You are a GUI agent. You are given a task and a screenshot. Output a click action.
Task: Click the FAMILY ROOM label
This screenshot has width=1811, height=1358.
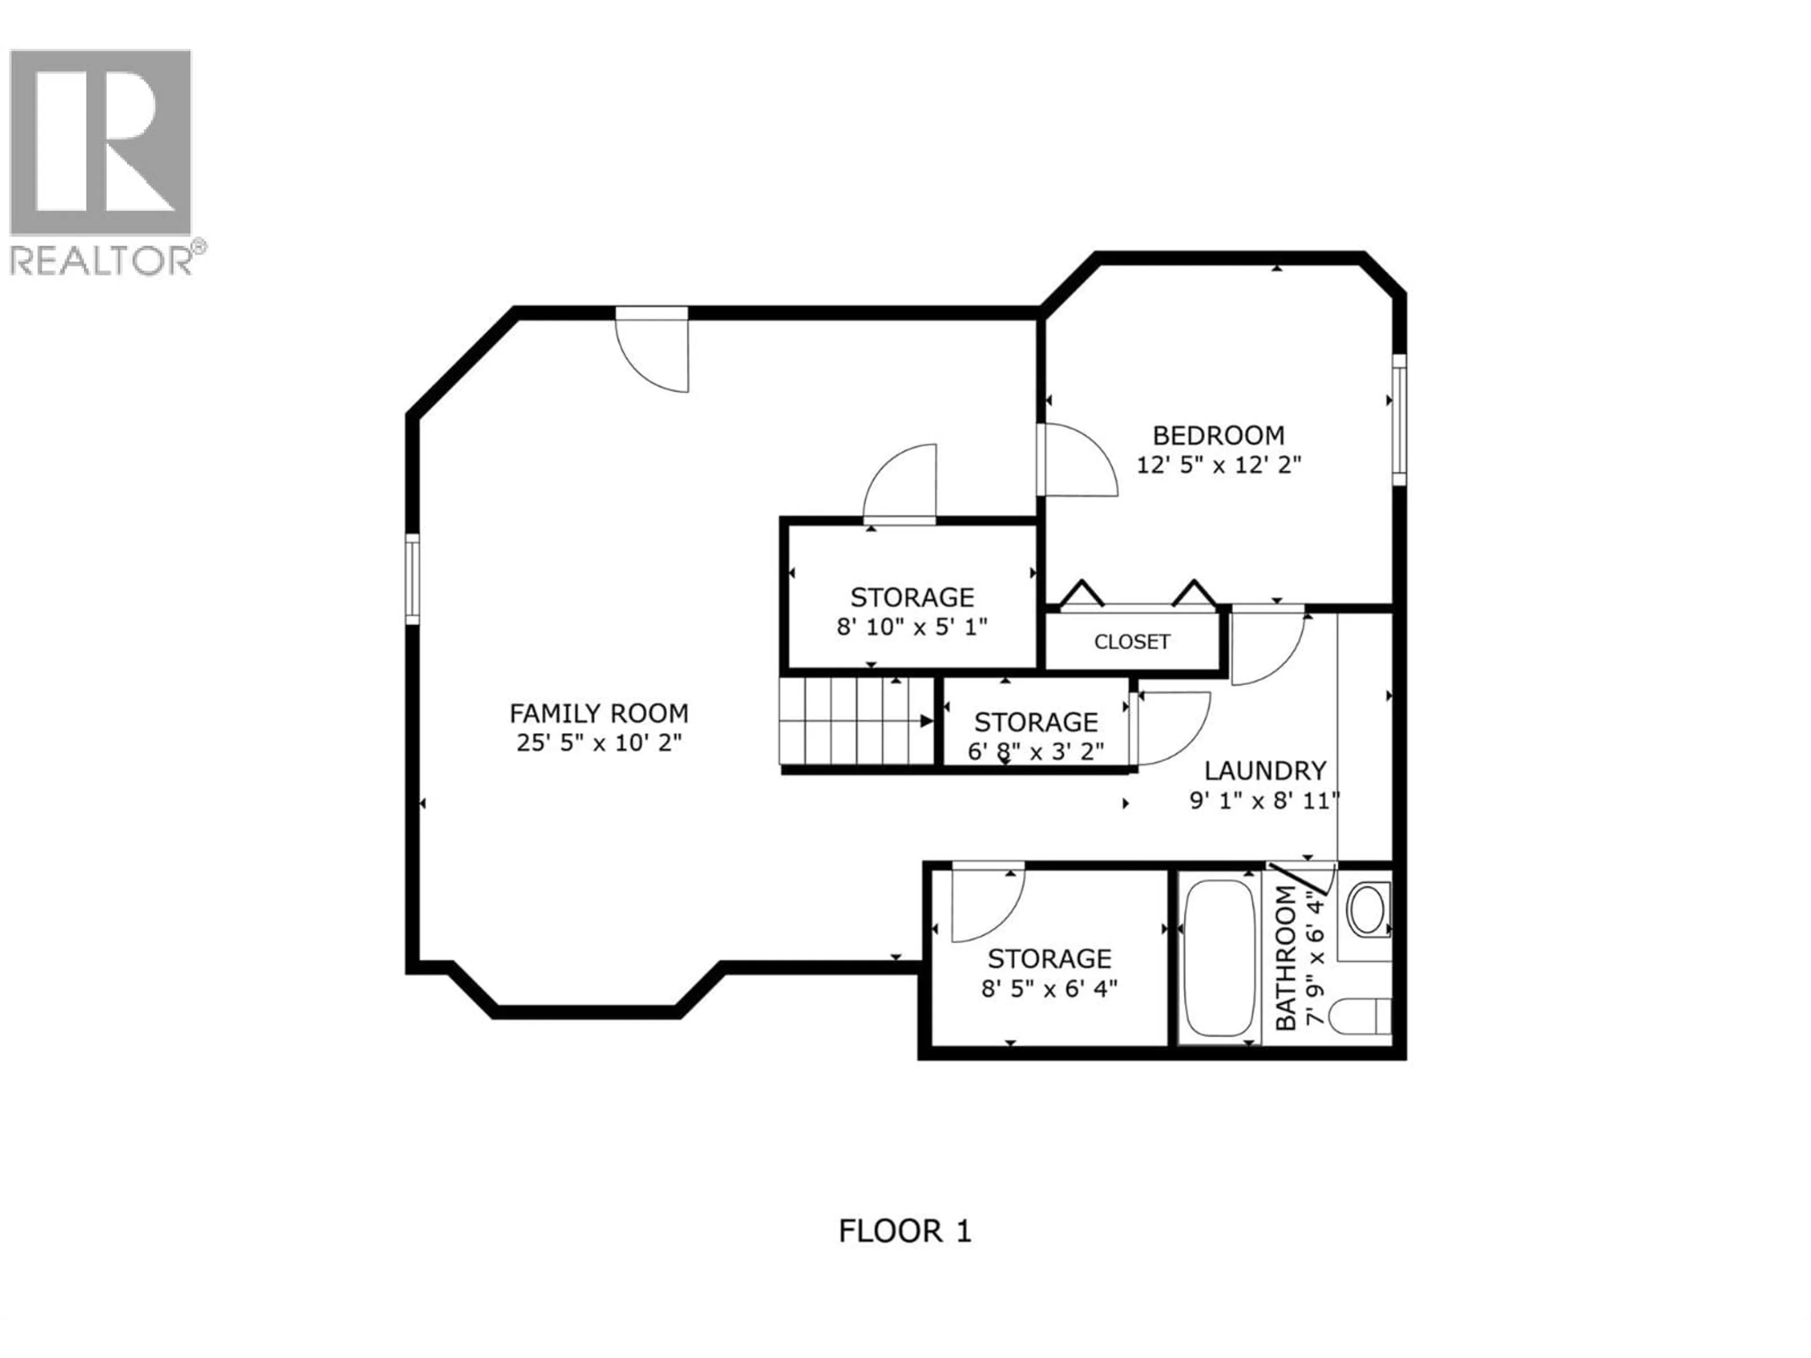click(x=598, y=714)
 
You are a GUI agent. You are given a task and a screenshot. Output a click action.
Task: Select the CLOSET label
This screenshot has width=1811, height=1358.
click(x=1132, y=642)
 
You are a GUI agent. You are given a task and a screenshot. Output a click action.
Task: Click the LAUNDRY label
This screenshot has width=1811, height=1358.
click(x=1265, y=770)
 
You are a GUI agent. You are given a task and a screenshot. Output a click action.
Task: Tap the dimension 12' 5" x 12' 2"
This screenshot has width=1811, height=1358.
click(x=1218, y=465)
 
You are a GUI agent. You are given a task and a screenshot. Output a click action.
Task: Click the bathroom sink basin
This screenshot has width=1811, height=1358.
click(x=1367, y=910)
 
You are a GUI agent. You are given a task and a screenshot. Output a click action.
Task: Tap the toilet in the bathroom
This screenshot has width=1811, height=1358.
click(x=1359, y=1018)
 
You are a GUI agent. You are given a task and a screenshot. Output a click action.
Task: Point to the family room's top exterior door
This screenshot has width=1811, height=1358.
click(x=653, y=349)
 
